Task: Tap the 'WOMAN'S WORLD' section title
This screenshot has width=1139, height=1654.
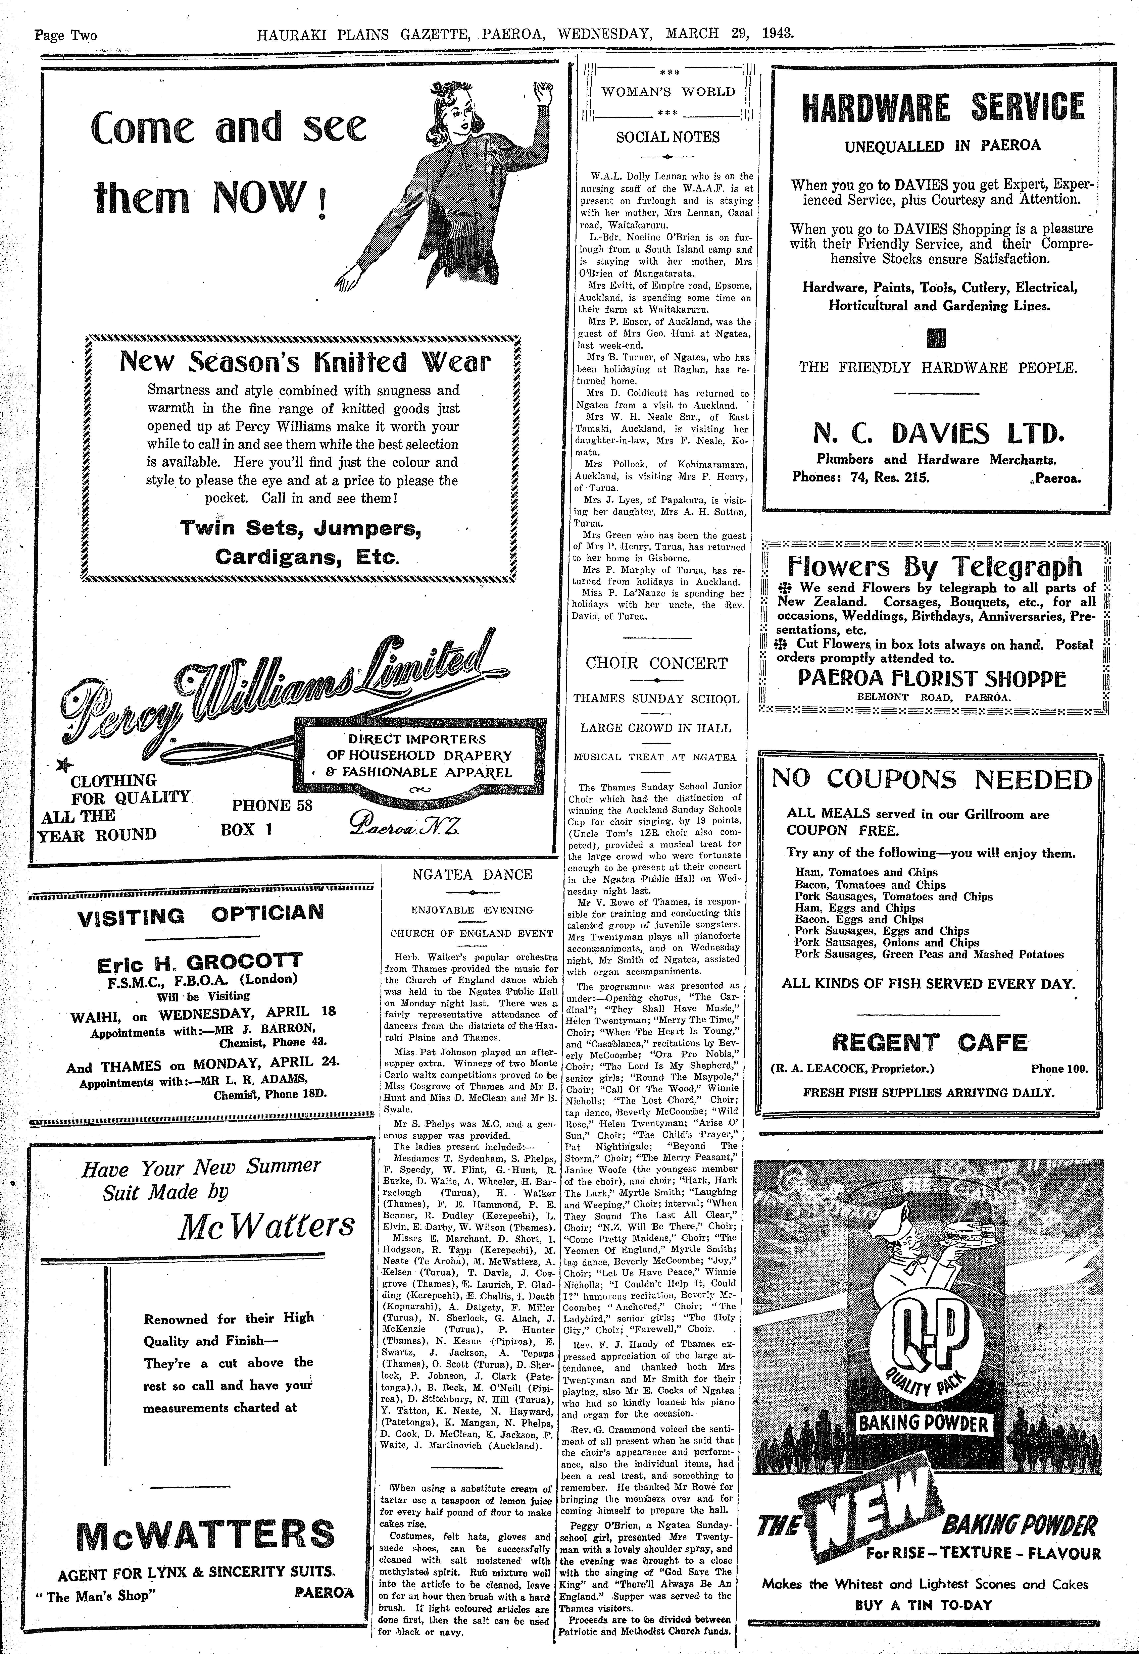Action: coord(668,91)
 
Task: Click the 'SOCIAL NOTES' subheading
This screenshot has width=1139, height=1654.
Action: coord(668,137)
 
